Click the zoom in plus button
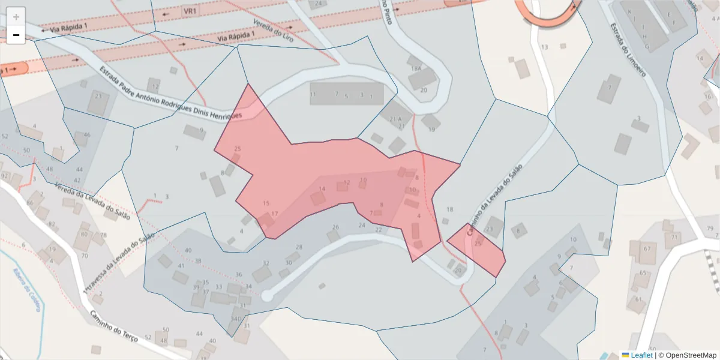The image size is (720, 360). click(16, 17)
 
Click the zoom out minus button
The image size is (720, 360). click(16, 35)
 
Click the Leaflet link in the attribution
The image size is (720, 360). click(641, 355)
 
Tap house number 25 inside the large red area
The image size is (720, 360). click(238, 149)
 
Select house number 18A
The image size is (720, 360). click(415, 69)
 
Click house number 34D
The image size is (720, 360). click(236, 319)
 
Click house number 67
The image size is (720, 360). click(647, 248)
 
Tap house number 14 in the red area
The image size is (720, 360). click(322, 189)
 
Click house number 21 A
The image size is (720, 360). click(395, 119)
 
